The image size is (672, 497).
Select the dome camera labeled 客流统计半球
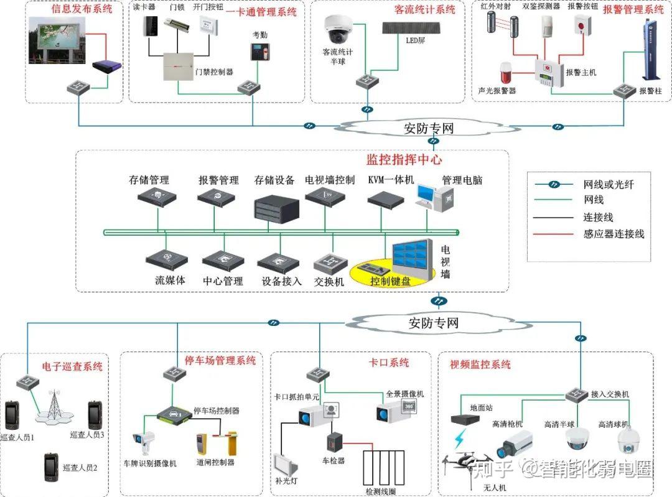click(x=338, y=29)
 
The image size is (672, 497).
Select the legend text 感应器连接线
click(x=614, y=235)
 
